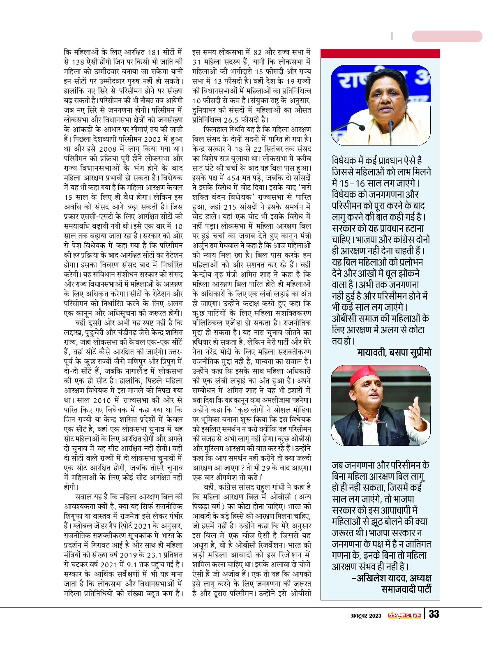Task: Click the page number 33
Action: [x=434, y=614]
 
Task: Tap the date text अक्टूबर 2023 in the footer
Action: [x=366, y=615]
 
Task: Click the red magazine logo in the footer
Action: [x=405, y=615]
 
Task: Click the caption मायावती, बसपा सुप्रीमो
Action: [x=394, y=352]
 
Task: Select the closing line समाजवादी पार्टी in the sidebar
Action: [x=406, y=589]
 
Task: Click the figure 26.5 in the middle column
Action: [x=232, y=120]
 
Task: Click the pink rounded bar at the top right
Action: [x=447, y=36]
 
